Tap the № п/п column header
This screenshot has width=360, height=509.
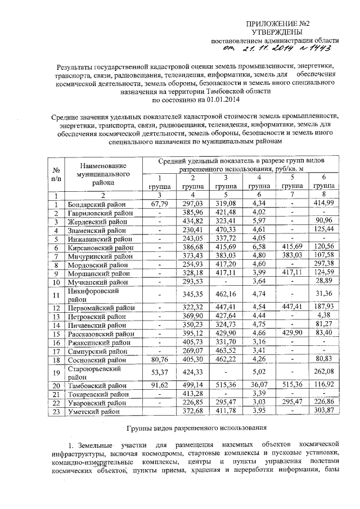56,174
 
